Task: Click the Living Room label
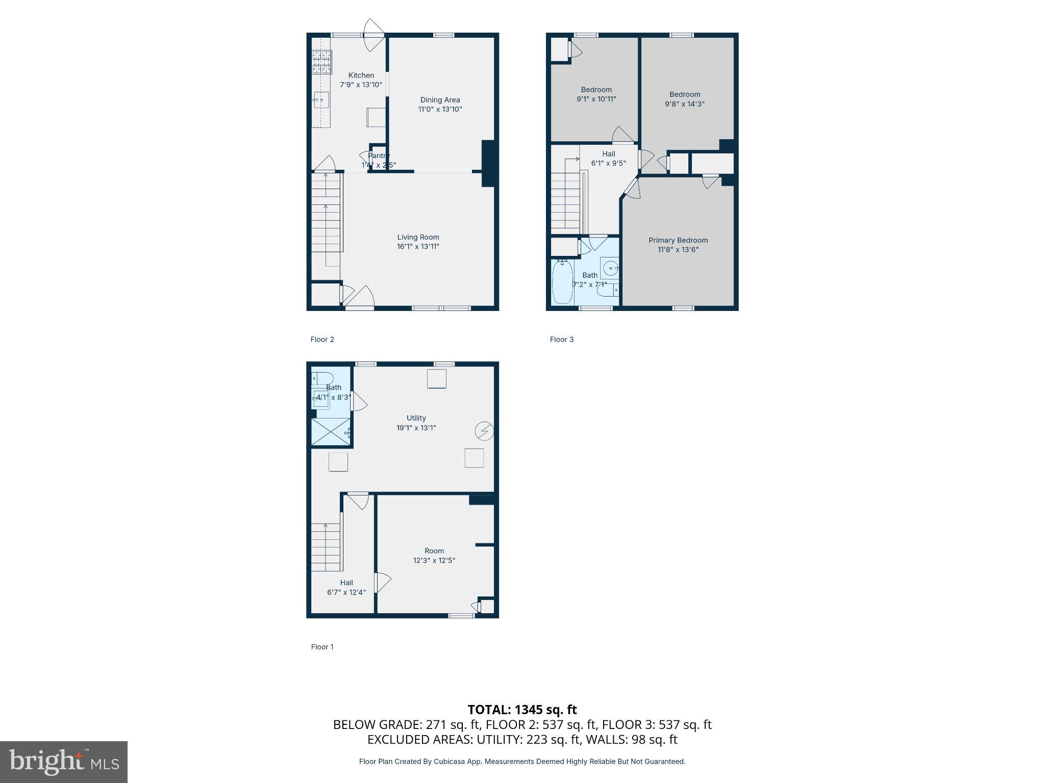(418, 237)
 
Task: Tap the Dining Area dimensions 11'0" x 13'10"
(440, 109)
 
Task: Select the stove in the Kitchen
(321, 62)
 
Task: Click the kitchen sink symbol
(321, 100)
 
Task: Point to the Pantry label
(379, 155)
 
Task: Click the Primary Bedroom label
(678, 240)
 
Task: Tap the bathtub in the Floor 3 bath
(562, 282)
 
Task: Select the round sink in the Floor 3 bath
(610, 268)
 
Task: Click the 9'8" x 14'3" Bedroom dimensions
(684, 104)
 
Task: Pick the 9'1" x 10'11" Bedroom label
(596, 90)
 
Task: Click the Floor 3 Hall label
(608, 154)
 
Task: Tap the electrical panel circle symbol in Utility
(484, 431)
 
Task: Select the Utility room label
(416, 418)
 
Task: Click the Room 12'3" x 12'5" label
(434, 551)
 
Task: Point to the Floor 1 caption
(322, 647)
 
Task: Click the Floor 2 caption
(322, 340)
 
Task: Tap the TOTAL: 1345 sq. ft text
(522, 710)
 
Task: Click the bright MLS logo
(64, 762)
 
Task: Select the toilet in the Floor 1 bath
(322, 378)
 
